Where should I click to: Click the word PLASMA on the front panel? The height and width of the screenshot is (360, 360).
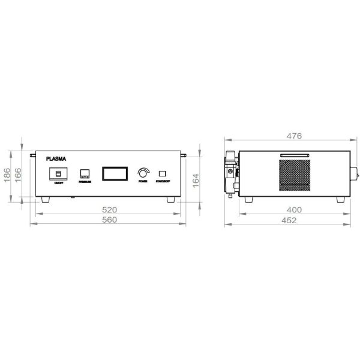click(57, 160)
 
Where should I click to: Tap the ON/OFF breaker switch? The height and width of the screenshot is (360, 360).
click(58, 173)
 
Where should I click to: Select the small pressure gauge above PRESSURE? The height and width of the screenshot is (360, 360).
click(85, 174)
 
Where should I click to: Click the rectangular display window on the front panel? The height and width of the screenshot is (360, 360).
click(113, 173)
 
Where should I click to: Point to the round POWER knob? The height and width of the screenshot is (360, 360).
click(143, 172)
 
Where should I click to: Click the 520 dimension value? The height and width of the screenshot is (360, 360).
click(109, 210)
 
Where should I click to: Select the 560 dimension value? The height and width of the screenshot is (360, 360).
click(109, 220)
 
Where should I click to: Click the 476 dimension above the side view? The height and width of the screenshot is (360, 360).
click(293, 136)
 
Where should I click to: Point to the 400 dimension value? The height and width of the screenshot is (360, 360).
click(293, 210)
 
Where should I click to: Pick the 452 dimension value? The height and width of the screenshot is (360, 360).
click(289, 220)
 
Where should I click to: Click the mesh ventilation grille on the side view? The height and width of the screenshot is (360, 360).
click(295, 175)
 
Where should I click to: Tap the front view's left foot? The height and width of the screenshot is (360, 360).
click(46, 199)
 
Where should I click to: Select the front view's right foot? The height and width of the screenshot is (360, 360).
click(171, 199)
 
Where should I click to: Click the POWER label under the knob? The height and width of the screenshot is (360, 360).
click(143, 181)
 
